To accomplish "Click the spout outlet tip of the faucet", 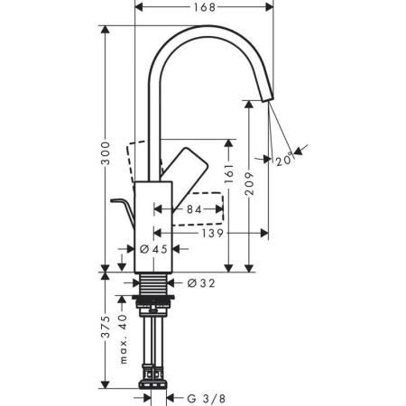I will pyautogui.click(x=267, y=97).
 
